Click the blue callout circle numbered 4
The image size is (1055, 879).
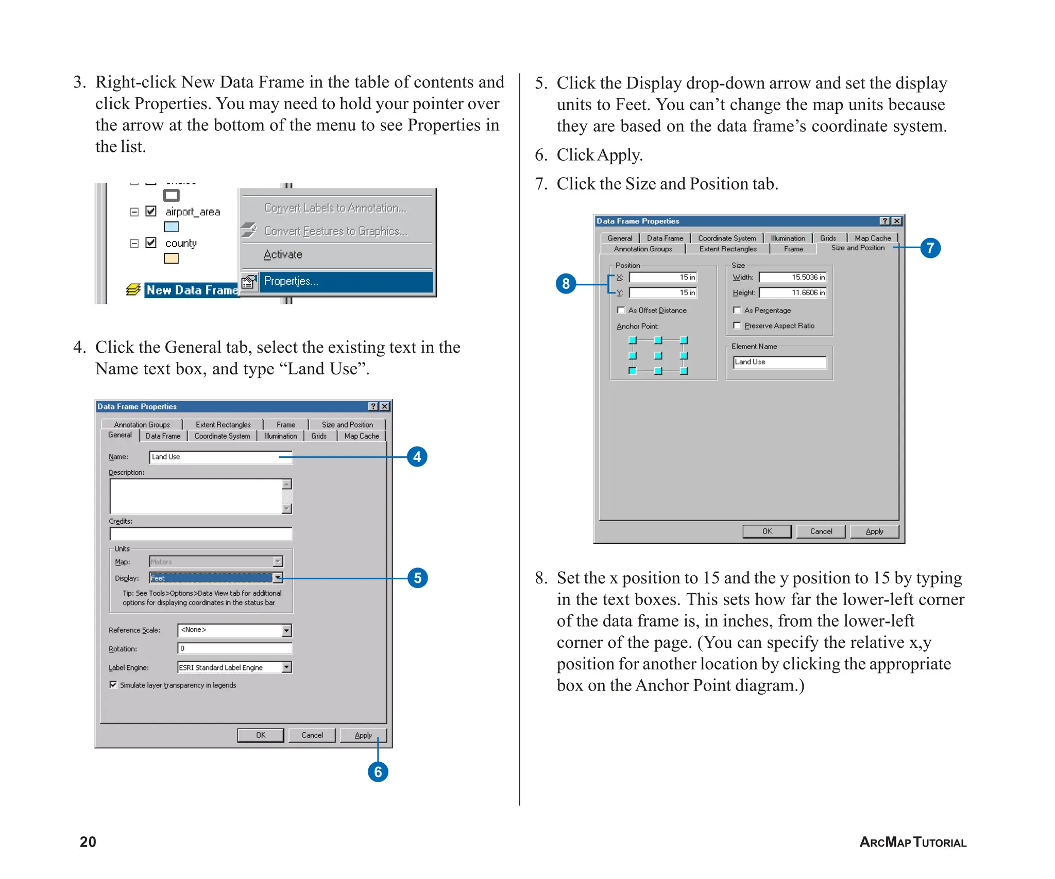pyautogui.click(x=417, y=457)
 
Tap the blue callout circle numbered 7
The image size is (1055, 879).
pyautogui.click(x=930, y=248)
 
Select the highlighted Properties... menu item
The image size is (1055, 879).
pyautogui.click(x=345, y=281)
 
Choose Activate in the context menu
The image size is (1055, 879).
pyautogui.click(x=283, y=254)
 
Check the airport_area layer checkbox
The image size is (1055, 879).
pyautogui.click(x=151, y=211)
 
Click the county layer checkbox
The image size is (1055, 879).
pyautogui.click(x=151, y=243)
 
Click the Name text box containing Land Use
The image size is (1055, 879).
pyautogui.click(x=220, y=457)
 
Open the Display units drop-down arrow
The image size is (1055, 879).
pyautogui.click(x=278, y=578)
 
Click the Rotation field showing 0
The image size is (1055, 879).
pyautogui.click(x=234, y=648)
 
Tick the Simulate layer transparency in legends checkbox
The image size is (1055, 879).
pyautogui.click(x=113, y=685)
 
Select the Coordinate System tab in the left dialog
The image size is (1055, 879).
pyautogui.click(x=222, y=436)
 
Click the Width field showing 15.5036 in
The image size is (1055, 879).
pyautogui.click(x=792, y=278)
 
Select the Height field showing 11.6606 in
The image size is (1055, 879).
pyautogui.click(x=792, y=293)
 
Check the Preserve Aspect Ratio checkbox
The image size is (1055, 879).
pyautogui.click(x=737, y=325)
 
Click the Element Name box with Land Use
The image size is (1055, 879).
pyautogui.click(x=779, y=363)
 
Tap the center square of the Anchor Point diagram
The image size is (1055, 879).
pyautogui.click(x=658, y=355)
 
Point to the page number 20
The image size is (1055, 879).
pyautogui.click(x=88, y=841)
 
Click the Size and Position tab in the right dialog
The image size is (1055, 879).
pyautogui.click(x=857, y=248)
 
